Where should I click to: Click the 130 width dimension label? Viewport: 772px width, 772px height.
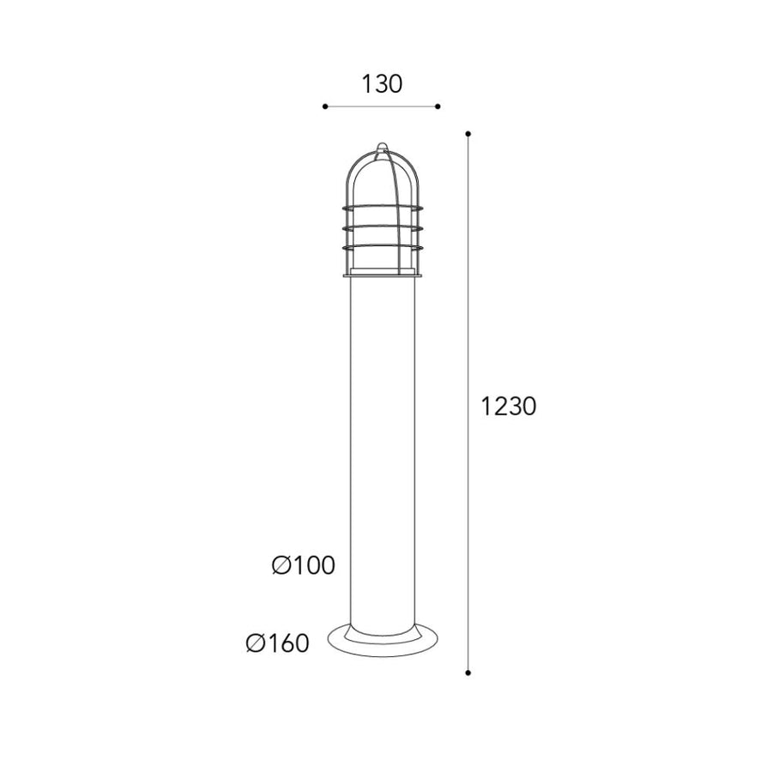click(x=382, y=84)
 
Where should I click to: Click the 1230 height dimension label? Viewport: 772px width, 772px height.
click(x=508, y=407)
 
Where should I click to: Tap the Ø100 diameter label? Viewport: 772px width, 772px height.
click(x=304, y=564)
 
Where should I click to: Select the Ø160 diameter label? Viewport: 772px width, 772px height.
click(x=278, y=642)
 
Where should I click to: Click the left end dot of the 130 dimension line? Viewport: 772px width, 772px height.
click(x=325, y=106)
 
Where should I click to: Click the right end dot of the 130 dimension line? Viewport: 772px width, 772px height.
click(x=437, y=106)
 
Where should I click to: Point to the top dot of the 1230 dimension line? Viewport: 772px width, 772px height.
click(x=467, y=134)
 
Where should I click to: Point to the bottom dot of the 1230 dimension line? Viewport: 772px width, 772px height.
click(x=467, y=672)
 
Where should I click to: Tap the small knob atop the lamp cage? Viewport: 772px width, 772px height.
click(x=382, y=147)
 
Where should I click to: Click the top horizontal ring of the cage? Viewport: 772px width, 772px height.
click(x=383, y=208)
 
